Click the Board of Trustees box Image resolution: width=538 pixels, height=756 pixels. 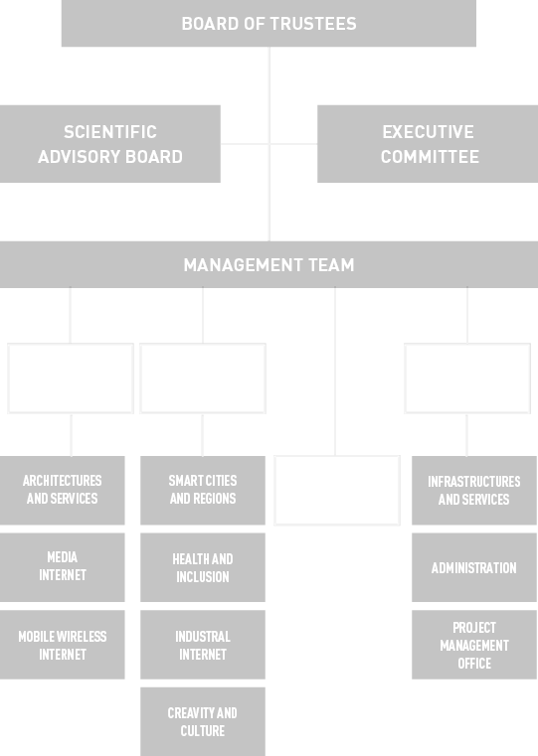269,23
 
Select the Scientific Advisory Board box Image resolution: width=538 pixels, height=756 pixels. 110,144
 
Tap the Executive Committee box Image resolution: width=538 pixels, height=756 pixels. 428,144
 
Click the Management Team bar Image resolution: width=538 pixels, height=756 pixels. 269,264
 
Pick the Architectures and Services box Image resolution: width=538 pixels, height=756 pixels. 63,490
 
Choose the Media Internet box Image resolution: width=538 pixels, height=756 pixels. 63,567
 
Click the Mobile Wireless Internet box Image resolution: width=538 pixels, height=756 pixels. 63,645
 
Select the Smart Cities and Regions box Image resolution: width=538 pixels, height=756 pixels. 203,490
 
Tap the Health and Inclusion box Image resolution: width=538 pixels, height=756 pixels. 203,567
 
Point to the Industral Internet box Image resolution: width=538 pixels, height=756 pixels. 203,645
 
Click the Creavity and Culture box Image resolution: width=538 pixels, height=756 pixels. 203,722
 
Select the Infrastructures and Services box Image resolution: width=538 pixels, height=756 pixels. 474,490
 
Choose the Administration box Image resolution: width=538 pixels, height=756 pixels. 474,567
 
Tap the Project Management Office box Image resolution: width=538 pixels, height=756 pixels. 474,645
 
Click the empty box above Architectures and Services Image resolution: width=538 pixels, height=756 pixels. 71,345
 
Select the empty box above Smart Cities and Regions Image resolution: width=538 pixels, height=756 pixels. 203,345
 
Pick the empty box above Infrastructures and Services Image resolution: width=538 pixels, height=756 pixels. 467,345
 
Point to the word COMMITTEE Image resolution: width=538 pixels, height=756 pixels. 430,157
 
